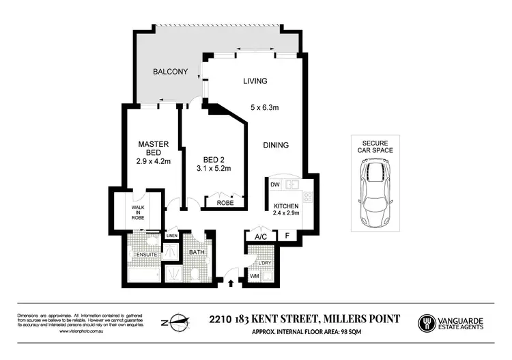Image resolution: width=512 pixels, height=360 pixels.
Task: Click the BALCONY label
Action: click(x=170, y=72)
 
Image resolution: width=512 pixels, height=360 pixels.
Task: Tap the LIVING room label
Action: click(x=255, y=81)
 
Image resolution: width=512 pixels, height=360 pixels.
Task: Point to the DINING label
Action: click(x=276, y=145)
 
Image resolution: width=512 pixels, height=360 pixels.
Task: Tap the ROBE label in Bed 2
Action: click(x=225, y=203)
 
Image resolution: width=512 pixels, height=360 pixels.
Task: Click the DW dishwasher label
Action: click(x=274, y=184)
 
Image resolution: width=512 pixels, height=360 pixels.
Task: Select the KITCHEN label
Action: click(x=286, y=206)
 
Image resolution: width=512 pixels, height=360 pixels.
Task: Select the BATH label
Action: click(x=197, y=252)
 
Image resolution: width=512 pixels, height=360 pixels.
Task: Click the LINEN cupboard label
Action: click(x=171, y=236)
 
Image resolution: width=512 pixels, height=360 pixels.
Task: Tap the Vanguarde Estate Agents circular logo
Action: click(x=427, y=321)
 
